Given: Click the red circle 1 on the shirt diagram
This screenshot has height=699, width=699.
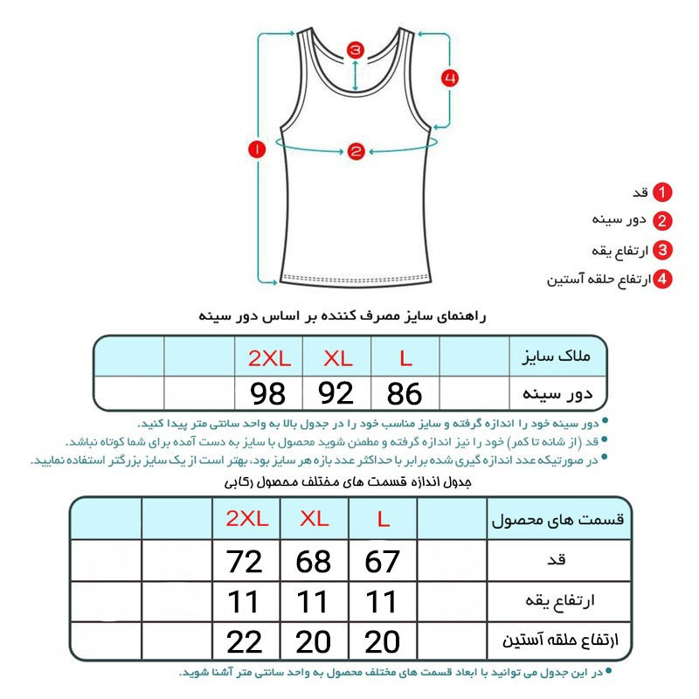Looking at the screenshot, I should click(x=257, y=150).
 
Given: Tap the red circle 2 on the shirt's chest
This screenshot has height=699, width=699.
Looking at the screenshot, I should click(x=355, y=151).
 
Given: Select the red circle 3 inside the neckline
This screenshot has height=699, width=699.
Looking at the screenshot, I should click(x=355, y=50).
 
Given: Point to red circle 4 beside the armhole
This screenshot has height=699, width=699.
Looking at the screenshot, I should click(x=449, y=79).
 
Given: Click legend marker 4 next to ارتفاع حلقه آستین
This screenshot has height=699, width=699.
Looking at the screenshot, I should click(x=664, y=279).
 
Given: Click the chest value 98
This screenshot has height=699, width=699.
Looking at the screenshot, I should click(x=267, y=394).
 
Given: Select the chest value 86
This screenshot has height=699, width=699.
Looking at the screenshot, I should click(x=405, y=394).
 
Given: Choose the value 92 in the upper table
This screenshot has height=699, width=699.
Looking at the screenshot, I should click(x=336, y=394).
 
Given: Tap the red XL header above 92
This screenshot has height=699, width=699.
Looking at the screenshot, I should click(x=336, y=357).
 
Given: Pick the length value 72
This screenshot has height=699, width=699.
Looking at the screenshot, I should click(x=245, y=562).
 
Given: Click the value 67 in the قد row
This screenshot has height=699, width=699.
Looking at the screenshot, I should click(x=383, y=562).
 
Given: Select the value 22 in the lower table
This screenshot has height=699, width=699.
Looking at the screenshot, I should click(x=245, y=642).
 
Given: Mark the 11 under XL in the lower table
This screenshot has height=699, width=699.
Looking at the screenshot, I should click(x=314, y=602).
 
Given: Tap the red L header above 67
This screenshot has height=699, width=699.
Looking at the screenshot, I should click(x=383, y=519).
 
